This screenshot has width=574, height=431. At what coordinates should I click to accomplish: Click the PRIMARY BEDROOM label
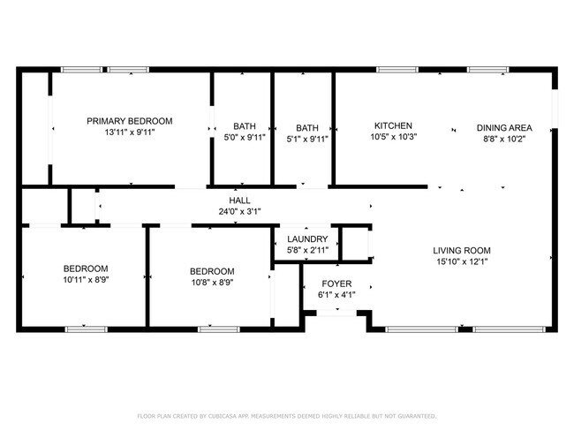[x=129, y=121]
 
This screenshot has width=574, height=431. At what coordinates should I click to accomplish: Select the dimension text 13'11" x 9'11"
[x=129, y=132]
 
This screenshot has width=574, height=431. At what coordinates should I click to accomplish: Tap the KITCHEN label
[x=393, y=126]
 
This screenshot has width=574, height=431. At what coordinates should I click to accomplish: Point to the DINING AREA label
[x=504, y=126]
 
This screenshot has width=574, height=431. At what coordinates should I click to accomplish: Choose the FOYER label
[x=336, y=284]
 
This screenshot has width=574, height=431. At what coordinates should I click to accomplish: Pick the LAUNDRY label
[x=307, y=239]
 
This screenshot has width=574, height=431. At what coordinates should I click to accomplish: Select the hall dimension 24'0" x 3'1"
[x=240, y=212]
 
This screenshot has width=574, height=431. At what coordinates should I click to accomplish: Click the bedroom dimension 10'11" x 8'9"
[x=85, y=280]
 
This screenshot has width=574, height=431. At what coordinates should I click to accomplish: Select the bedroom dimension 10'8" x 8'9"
[x=212, y=282]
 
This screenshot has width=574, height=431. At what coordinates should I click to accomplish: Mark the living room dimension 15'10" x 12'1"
[x=462, y=261]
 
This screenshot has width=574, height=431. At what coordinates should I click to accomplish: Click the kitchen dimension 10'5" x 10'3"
[x=393, y=138]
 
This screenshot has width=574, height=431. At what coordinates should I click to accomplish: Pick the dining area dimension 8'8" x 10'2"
[x=504, y=138]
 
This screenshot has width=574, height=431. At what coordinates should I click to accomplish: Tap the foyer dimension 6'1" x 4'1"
[x=336, y=296]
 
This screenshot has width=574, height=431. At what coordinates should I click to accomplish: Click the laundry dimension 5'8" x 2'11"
[x=307, y=251]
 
